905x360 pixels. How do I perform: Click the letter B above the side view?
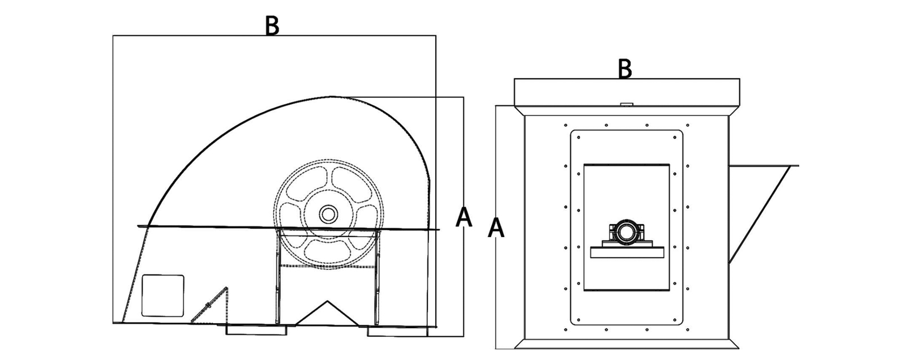click(272, 26)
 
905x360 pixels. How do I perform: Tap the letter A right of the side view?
click(464, 217)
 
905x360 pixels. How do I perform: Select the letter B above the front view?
click(624, 69)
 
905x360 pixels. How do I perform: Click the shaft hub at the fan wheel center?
click(327, 214)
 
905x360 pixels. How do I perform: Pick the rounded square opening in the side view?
click(162, 295)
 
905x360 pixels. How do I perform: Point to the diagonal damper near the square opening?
click(209, 306)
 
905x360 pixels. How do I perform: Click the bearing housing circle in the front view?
click(626, 232)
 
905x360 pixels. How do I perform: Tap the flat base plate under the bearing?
click(626, 252)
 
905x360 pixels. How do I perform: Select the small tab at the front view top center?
click(626, 104)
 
